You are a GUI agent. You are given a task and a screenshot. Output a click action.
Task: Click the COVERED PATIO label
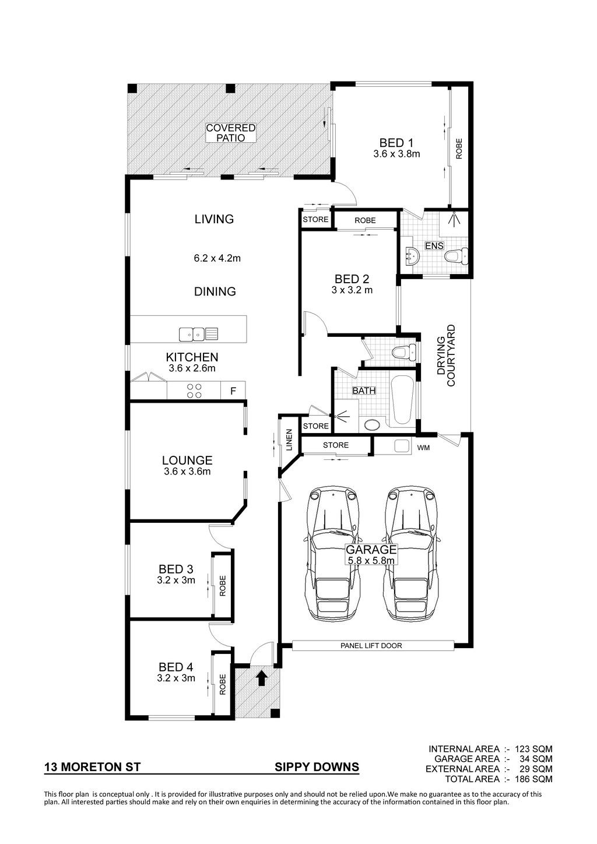tap(231, 133)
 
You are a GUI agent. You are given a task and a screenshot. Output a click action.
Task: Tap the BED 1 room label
tap(396, 143)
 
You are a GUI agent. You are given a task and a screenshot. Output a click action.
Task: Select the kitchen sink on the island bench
tap(199, 334)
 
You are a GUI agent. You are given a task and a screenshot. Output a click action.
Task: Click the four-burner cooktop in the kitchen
tap(194, 391)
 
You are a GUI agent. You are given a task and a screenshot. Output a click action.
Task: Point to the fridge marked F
tap(233, 391)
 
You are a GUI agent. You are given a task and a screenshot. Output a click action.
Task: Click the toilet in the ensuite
tap(456, 256)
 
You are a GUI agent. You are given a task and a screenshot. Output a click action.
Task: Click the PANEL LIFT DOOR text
tap(371, 646)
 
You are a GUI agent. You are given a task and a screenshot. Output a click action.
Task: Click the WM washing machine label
tap(423, 448)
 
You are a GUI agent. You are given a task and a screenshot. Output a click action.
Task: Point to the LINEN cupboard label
tap(289, 440)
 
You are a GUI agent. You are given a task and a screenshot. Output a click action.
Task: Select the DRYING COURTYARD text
tap(446, 356)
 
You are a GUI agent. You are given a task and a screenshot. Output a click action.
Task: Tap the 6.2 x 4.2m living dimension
tap(217, 258)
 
